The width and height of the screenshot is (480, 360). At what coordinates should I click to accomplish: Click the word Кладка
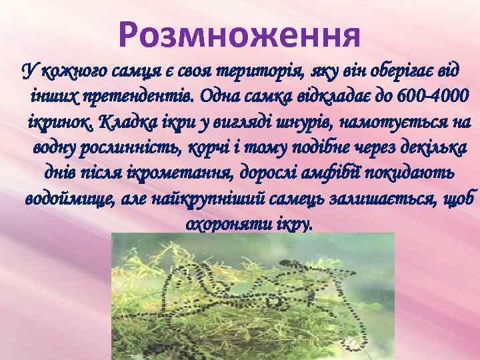pos(125,123)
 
